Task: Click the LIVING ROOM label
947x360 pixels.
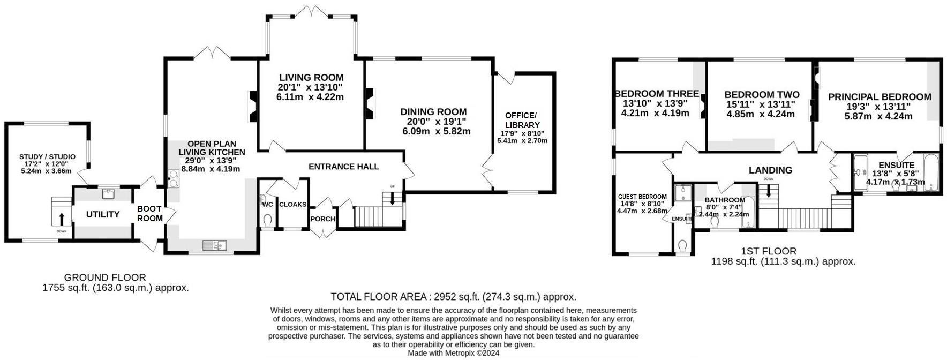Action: (x=311, y=78)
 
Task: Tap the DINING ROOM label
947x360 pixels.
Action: (x=433, y=112)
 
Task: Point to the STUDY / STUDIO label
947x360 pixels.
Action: (x=47, y=157)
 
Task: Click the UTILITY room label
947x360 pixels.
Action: (x=103, y=215)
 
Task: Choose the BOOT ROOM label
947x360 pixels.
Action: (x=149, y=214)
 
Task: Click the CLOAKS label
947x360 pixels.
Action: (x=293, y=205)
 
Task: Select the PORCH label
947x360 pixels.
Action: (x=323, y=219)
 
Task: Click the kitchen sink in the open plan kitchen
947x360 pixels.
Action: (x=215, y=245)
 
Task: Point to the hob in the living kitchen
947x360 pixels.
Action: (x=174, y=178)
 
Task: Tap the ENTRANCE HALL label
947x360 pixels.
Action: (x=344, y=167)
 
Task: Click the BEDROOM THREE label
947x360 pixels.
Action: (x=657, y=94)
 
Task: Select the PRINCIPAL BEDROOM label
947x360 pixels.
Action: (x=880, y=97)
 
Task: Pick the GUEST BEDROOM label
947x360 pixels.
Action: (x=642, y=197)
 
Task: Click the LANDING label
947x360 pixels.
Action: (x=770, y=170)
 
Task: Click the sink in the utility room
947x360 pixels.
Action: (x=109, y=191)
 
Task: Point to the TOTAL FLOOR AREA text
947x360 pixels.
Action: (x=454, y=297)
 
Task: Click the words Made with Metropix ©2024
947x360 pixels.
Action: (x=454, y=354)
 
